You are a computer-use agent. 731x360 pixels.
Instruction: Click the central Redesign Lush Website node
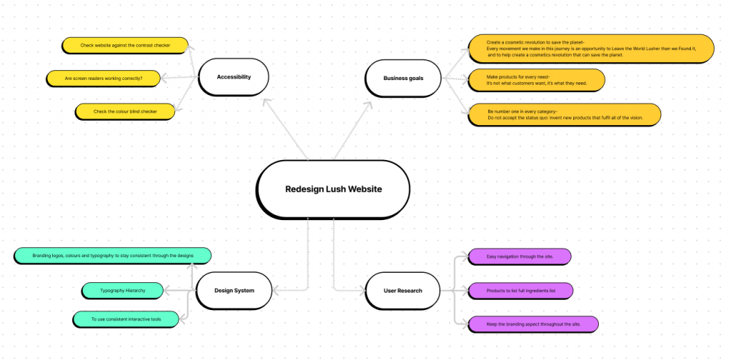[x=333, y=189]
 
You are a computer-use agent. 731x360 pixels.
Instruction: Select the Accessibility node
[x=233, y=77]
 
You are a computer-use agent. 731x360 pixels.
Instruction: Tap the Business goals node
[x=403, y=78]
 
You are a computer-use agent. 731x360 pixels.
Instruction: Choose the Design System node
[x=233, y=291]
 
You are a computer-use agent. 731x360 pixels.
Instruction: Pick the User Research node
[x=403, y=291]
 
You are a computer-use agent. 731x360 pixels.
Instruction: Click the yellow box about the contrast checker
[x=125, y=46]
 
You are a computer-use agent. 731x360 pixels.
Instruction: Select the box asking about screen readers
[x=103, y=78]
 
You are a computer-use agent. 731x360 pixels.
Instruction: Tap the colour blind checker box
[x=125, y=111]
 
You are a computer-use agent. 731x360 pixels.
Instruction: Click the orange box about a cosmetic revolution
[x=590, y=48]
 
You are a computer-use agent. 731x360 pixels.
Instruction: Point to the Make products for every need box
[x=535, y=80]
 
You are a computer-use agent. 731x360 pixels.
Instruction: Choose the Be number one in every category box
[x=564, y=114]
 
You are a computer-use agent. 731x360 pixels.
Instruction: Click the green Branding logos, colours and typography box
[x=113, y=256]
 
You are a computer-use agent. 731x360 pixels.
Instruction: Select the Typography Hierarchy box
[x=122, y=291]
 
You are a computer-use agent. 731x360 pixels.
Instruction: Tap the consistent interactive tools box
[x=126, y=319]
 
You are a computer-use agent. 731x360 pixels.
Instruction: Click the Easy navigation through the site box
[x=519, y=256]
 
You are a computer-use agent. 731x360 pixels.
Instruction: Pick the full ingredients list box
[x=520, y=291]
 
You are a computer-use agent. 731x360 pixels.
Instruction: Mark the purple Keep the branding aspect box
[x=533, y=324]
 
